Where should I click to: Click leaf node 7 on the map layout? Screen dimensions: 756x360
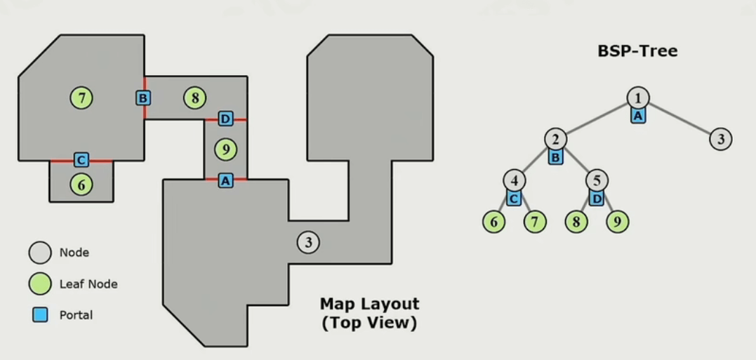[x=81, y=98]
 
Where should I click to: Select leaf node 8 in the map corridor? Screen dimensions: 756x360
[x=194, y=98]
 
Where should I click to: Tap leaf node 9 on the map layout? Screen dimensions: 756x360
[x=225, y=149]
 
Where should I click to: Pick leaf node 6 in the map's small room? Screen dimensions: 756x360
[x=81, y=184]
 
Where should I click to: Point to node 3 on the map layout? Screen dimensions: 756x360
[x=309, y=242]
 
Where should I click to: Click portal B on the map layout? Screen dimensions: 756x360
[x=143, y=98]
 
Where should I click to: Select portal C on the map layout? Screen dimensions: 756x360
[x=81, y=160]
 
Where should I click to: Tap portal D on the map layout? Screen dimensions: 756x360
[x=225, y=119]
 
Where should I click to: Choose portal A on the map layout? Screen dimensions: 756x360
[x=225, y=180]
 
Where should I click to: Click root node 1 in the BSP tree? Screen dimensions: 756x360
[x=638, y=98]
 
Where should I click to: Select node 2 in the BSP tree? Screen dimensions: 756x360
[x=556, y=139]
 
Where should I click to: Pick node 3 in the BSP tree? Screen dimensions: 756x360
[x=721, y=139]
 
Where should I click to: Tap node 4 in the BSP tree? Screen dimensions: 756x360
[x=515, y=181]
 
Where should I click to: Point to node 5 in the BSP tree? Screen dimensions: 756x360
[x=597, y=181]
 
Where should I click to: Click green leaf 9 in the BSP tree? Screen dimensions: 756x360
[x=618, y=222]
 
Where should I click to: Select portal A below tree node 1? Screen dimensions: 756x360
[x=638, y=115]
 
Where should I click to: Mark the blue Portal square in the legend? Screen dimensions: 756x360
[x=40, y=315]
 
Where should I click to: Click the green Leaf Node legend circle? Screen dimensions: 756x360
[x=40, y=284]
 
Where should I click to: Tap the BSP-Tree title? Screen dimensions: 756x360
[x=637, y=51]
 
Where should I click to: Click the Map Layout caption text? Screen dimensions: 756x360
[x=370, y=314]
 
